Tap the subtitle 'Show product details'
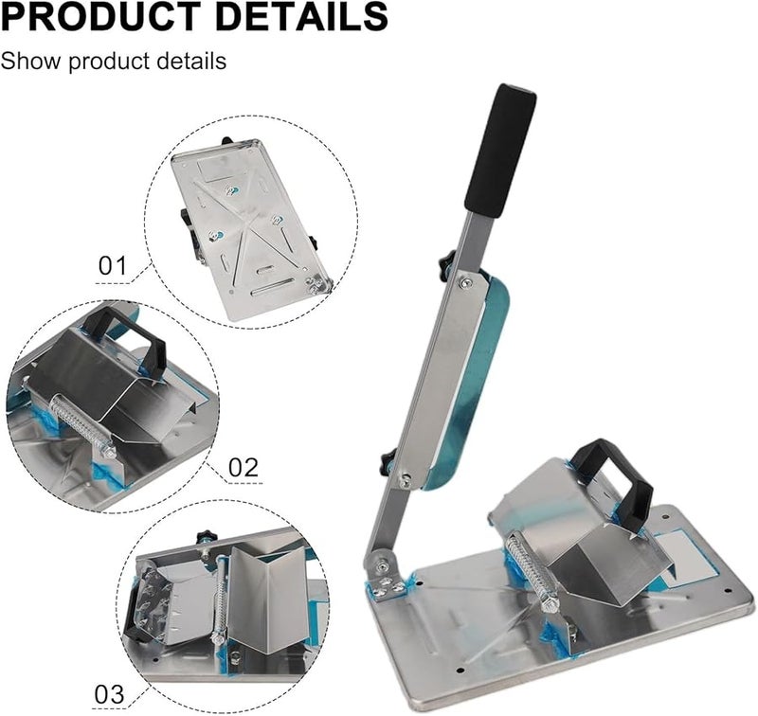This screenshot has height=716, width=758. (x=114, y=62)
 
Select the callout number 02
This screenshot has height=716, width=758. (x=244, y=466)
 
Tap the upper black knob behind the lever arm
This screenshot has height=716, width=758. (x=446, y=265)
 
